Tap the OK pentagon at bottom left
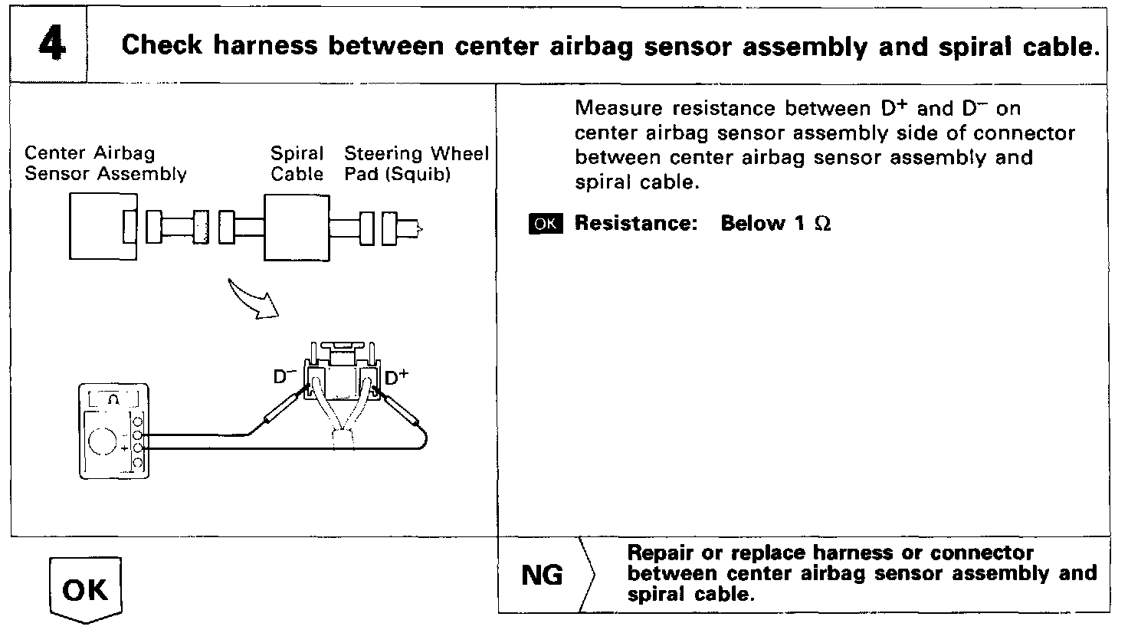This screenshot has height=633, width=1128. [86, 589]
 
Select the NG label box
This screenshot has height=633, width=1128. [542, 576]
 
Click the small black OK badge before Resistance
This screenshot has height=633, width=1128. [546, 224]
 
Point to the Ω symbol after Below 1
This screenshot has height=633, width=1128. [823, 224]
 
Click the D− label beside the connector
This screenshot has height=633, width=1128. [286, 377]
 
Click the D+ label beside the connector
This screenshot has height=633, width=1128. [396, 377]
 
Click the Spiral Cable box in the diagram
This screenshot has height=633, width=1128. [297, 228]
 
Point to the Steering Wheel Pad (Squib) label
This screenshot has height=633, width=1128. [416, 164]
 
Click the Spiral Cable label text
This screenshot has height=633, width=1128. [297, 164]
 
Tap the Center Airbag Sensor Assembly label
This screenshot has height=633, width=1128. [105, 164]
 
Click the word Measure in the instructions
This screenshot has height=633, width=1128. [613, 109]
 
